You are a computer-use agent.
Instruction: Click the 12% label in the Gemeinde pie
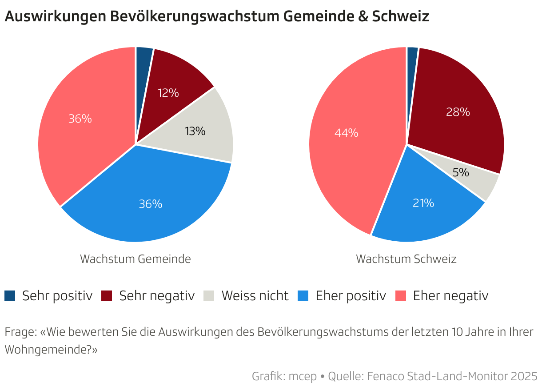[168, 93]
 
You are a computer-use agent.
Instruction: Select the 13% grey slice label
[195, 131]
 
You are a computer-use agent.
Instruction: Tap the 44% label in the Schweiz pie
[347, 133]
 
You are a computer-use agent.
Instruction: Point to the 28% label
[458, 112]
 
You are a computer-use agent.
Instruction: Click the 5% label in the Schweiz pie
[461, 172]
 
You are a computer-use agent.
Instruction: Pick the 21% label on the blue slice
[423, 203]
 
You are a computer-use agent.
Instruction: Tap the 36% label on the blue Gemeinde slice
[151, 204]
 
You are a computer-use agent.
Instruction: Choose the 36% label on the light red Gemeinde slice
[80, 119]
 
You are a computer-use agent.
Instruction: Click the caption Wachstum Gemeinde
[135, 259]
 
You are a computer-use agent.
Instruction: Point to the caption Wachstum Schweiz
[406, 259]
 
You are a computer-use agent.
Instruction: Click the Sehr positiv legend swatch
[10, 296]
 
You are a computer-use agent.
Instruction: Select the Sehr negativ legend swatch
[107, 296]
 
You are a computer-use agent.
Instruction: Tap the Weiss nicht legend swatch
[209, 296]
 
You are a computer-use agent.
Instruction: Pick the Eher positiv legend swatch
[303, 296]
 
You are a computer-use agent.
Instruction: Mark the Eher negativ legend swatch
[401, 296]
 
